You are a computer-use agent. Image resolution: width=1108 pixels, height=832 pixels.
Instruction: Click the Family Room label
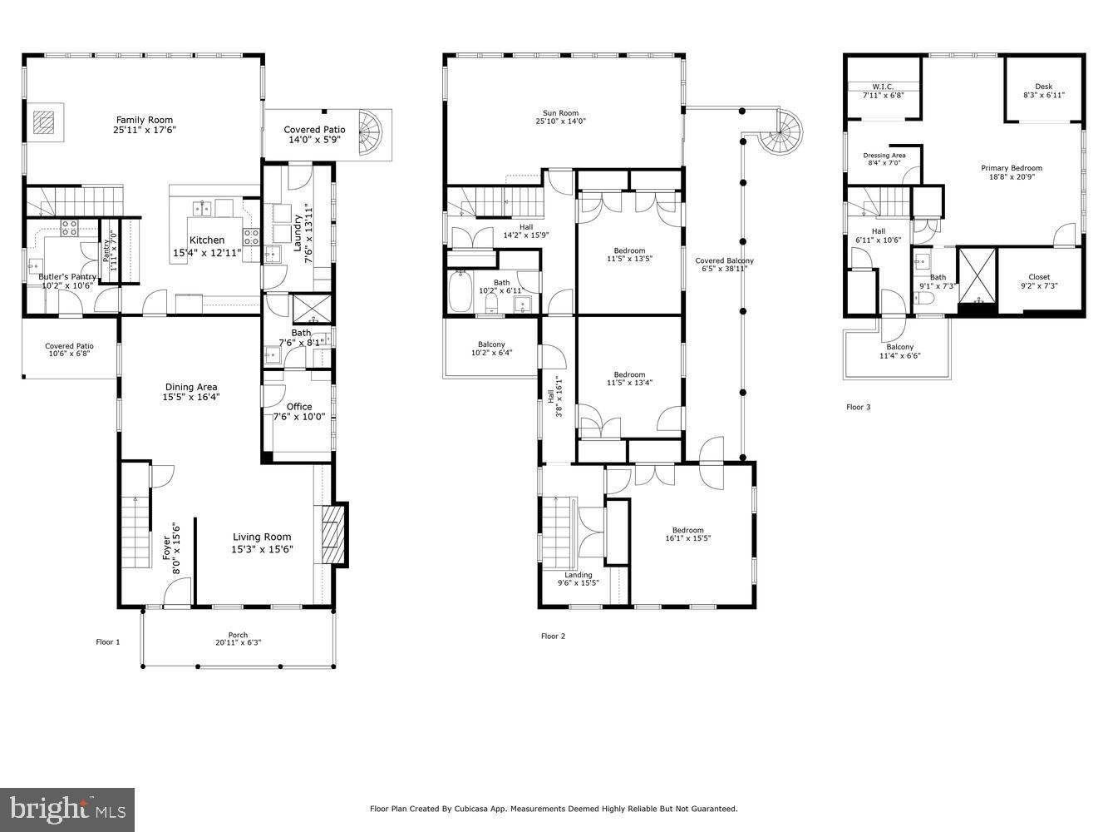pos(145,120)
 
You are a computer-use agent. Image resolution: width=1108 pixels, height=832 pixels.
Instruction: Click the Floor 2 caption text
pos(553,636)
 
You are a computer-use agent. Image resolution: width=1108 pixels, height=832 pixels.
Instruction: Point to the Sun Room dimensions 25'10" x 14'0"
pos(560,121)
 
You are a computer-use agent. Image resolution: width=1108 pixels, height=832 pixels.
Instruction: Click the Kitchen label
pos(206,240)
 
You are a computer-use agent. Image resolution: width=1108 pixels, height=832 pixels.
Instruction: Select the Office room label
pos(299,407)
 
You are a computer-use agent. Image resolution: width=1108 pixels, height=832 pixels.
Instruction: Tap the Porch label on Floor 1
pos(238,636)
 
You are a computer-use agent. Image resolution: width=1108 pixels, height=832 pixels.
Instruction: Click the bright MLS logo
pos(68,808)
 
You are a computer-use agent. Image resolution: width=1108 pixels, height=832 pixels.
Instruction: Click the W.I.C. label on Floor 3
pos(882,87)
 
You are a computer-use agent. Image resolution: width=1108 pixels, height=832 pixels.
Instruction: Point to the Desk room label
pos(1043,87)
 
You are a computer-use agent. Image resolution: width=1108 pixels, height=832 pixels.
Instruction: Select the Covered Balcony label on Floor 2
pos(724,261)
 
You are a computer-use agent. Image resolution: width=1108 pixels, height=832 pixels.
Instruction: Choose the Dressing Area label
pos(884,156)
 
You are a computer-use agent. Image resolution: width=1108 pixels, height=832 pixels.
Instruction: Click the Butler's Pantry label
pos(67,276)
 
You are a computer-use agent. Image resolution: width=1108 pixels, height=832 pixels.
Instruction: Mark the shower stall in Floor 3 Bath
pos(978,276)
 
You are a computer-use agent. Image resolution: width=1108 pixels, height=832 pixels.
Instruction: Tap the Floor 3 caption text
pos(858,408)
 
